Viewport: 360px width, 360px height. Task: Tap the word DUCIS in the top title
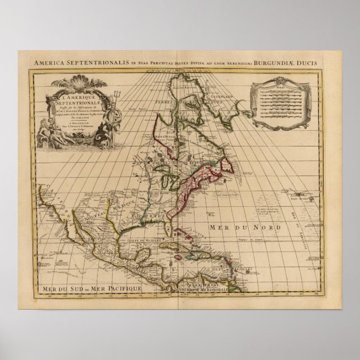(x=325, y=63)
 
